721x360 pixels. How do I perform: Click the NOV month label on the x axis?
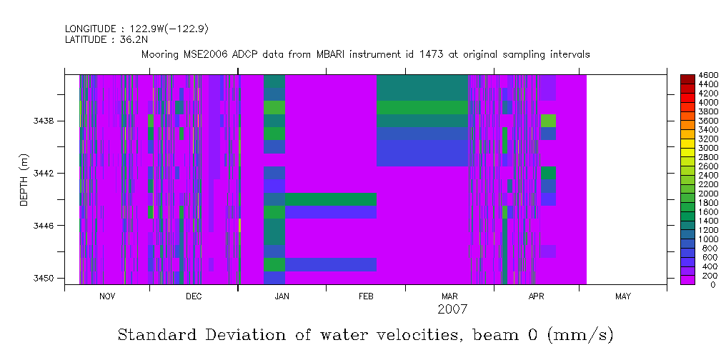click(107, 296)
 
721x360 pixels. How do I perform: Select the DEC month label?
click(193, 296)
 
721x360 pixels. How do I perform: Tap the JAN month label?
click(282, 296)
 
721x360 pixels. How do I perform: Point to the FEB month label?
click(366, 296)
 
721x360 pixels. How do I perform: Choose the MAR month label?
click(449, 296)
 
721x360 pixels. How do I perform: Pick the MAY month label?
click(622, 296)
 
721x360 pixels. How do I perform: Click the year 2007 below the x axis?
click(452, 309)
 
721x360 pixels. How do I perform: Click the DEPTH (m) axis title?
click(24, 183)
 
